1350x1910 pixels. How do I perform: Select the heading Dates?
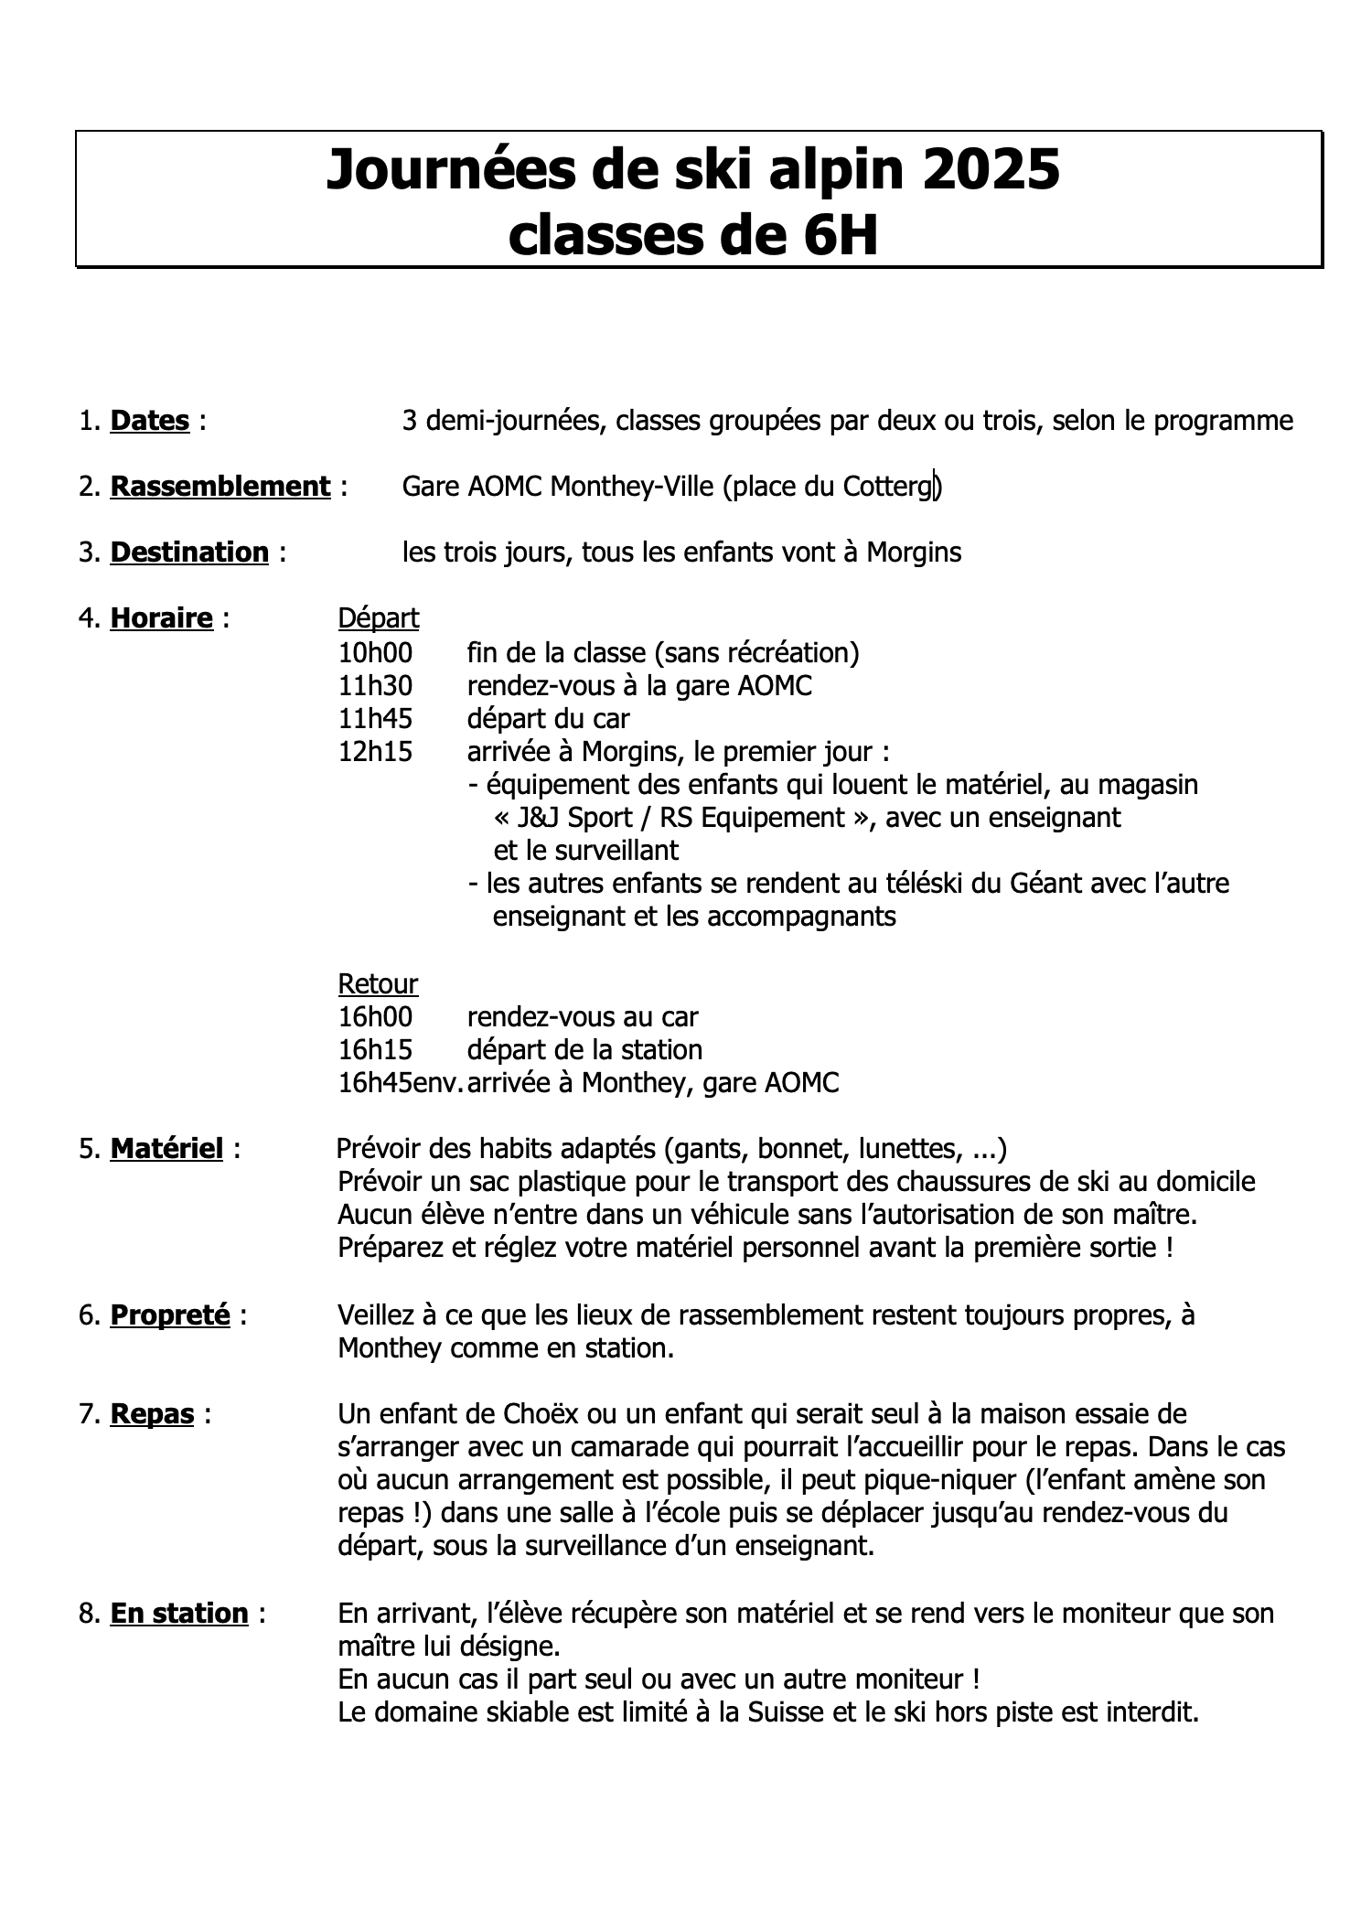149,421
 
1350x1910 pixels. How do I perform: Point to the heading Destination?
189,553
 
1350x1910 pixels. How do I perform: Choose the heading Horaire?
161,618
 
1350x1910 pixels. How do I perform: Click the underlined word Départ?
378,618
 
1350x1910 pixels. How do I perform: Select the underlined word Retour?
378,984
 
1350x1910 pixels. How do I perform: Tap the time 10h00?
375,652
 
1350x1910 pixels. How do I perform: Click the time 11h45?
375,718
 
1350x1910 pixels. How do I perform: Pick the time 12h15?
375,751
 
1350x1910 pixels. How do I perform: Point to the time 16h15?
375,1049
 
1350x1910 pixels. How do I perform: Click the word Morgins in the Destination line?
914,553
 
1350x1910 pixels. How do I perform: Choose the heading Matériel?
166,1149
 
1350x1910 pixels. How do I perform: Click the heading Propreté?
169,1315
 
